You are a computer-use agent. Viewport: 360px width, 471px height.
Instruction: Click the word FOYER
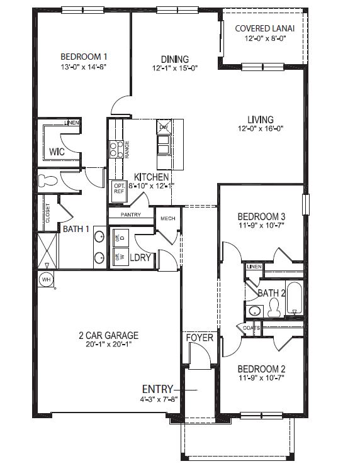click(200, 338)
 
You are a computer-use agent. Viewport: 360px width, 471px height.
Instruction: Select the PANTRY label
click(131, 214)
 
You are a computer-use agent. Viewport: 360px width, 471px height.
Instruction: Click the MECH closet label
click(168, 219)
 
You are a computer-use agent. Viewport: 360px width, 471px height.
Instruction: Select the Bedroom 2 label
click(262, 369)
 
